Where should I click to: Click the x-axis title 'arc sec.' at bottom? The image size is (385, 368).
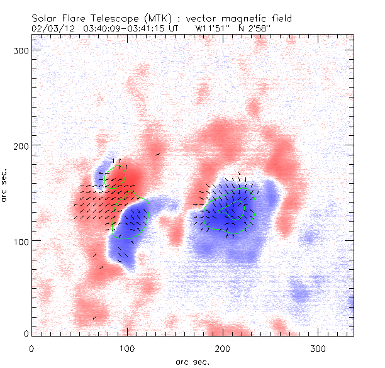tap(192, 361)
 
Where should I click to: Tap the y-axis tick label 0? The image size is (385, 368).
tap(25, 333)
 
